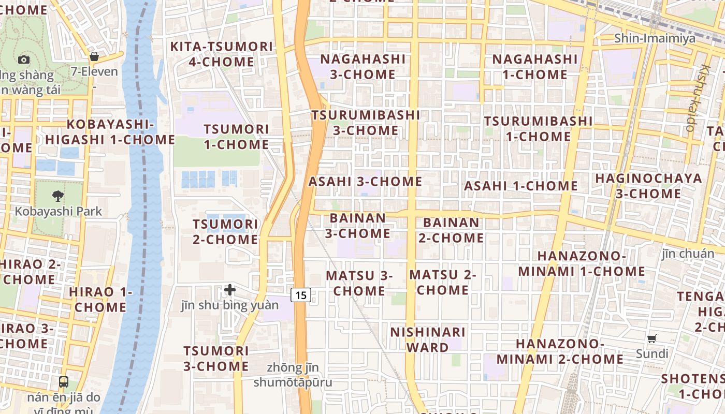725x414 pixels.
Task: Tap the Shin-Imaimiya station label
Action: tap(655, 38)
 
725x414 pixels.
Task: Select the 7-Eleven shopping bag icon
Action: tap(94, 56)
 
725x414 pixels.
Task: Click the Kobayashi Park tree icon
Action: tap(58, 196)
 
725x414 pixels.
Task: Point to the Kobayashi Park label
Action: tap(58, 211)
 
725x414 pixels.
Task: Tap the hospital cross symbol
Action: tap(230, 290)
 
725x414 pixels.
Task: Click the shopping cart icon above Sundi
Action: tap(652, 339)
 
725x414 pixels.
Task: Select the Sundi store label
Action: tap(652, 354)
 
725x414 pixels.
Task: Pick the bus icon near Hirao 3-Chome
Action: tap(64, 382)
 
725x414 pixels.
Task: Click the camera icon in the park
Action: tap(23, 60)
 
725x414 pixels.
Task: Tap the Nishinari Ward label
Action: tap(428, 339)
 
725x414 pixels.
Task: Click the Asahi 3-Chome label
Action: tap(365, 182)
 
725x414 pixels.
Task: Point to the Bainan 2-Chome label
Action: tap(451, 230)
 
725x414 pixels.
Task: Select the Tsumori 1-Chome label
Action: tap(236, 137)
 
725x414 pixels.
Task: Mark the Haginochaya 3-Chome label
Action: tap(648, 186)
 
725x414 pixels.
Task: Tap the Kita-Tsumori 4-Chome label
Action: tap(221, 54)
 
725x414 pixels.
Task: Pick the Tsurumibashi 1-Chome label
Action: tap(538, 129)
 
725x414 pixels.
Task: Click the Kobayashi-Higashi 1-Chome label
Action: tap(110, 132)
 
